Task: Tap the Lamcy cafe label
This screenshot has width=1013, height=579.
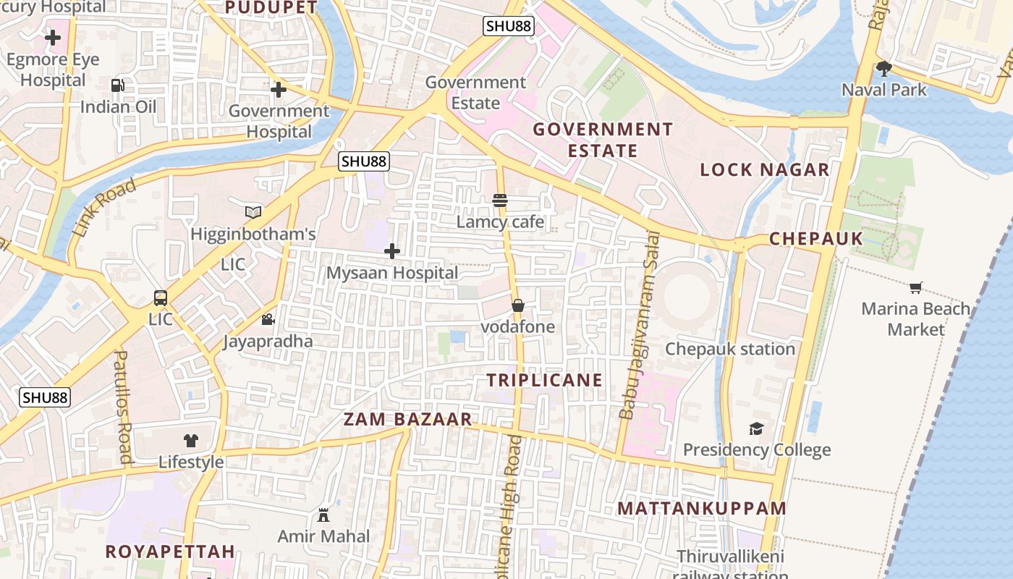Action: pyautogui.click(x=500, y=221)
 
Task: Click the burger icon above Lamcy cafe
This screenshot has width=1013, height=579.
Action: pyautogui.click(x=500, y=200)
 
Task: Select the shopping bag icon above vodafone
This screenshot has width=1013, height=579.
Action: pyautogui.click(x=518, y=305)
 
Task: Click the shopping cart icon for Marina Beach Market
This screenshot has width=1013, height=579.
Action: pyautogui.click(x=916, y=287)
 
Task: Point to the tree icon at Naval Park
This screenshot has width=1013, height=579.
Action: pyautogui.click(x=883, y=69)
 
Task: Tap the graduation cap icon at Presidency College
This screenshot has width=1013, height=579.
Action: pyautogui.click(x=756, y=428)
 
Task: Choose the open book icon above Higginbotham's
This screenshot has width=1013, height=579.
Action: pyautogui.click(x=253, y=212)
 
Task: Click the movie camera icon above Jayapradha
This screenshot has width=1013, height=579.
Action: pyautogui.click(x=268, y=319)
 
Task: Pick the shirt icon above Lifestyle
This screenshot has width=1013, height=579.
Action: pyautogui.click(x=191, y=440)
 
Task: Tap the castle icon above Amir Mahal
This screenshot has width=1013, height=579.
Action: pyautogui.click(x=323, y=515)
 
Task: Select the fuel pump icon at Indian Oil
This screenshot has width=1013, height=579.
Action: pyautogui.click(x=117, y=85)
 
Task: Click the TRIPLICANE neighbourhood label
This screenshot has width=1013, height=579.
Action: pyautogui.click(x=544, y=380)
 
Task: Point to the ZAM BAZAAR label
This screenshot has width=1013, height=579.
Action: pyautogui.click(x=407, y=419)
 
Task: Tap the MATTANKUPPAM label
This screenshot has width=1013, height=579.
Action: pyautogui.click(x=701, y=508)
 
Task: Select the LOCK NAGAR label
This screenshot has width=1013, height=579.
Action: pyautogui.click(x=764, y=170)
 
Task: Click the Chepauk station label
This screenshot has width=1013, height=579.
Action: pyautogui.click(x=730, y=349)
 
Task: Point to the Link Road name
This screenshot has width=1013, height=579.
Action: pyautogui.click(x=105, y=208)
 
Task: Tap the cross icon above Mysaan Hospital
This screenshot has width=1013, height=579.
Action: pyautogui.click(x=392, y=251)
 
